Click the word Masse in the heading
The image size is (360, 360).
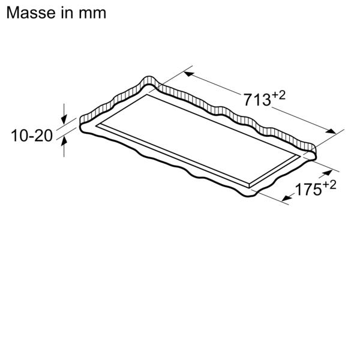click(x=31, y=13)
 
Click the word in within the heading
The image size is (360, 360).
click(x=67, y=13)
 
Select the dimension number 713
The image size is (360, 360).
click(x=257, y=100)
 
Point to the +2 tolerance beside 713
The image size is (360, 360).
click(x=278, y=95)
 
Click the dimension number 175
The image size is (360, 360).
click(x=308, y=190)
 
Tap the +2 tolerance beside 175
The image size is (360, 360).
click(x=329, y=185)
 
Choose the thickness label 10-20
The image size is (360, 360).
click(x=32, y=136)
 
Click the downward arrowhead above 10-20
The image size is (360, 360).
click(x=64, y=119)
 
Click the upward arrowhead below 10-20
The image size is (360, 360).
click(x=64, y=140)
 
